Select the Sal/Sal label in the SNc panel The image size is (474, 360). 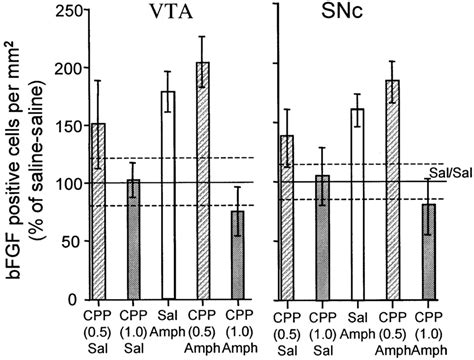(451, 173)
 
